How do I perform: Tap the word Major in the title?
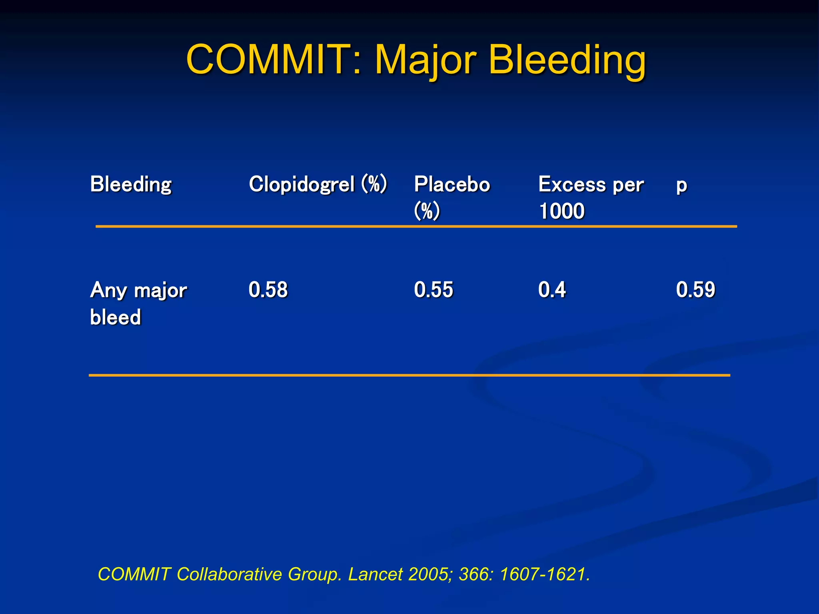(x=425, y=60)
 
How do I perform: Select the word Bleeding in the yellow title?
(x=567, y=60)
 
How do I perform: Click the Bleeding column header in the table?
(x=131, y=185)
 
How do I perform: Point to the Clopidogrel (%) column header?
(x=318, y=185)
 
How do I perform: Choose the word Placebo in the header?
(x=452, y=185)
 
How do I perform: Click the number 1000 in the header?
(x=561, y=211)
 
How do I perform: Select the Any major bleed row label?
(x=138, y=303)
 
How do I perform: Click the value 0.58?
(x=268, y=289)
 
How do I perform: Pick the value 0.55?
(x=433, y=289)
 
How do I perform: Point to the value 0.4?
(x=552, y=289)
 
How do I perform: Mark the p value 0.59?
(x=695, y=289)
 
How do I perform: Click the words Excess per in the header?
(x=591, y=185)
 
